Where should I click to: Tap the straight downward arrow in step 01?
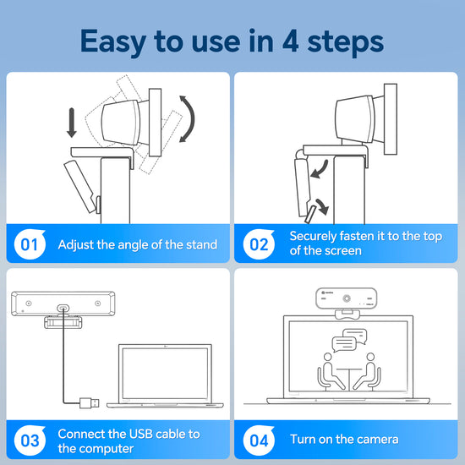[x=72, y=122]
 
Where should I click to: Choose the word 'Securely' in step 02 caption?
[x=315, y=237]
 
